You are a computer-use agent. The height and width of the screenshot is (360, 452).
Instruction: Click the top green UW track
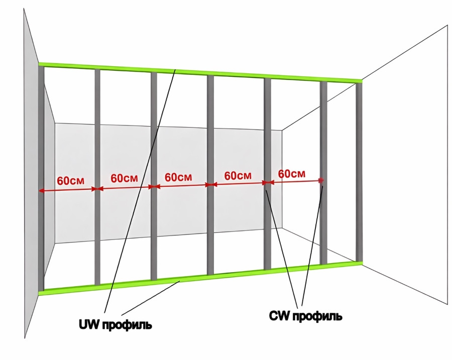200,73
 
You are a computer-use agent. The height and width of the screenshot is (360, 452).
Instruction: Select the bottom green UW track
200,279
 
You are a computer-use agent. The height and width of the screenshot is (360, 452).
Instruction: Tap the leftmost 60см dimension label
71,181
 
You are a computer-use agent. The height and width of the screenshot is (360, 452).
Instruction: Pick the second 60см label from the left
124,178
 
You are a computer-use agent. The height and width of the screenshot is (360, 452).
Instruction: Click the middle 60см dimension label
178,177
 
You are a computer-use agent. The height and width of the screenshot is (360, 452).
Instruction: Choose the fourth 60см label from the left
238,176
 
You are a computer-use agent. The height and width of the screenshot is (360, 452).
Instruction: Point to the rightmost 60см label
291,174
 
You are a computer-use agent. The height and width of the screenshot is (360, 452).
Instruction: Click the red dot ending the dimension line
321,180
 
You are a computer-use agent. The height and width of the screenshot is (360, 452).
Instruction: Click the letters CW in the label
279,316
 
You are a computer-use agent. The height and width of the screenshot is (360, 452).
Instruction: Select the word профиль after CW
317,317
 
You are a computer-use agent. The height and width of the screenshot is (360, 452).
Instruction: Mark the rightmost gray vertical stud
359,172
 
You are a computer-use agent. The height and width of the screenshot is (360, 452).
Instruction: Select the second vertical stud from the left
97,177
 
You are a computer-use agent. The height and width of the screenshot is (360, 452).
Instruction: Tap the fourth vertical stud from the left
210,175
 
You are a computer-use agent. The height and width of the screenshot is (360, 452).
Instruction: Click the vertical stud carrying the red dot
323,172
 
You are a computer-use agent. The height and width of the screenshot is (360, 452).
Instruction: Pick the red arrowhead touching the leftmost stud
41,190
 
